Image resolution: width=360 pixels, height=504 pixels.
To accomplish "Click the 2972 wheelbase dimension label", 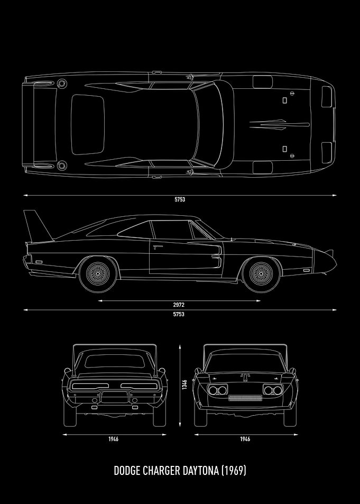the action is pyautogui.click(x=178, y=305).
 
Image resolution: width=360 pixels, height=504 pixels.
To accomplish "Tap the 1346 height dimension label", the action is pyautogui.click(x=184, y=384).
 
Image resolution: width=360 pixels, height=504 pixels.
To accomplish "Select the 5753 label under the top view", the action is pyautogui.click(x=180, y=199).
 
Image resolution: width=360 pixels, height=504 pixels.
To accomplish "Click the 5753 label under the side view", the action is pyautogui.click(x=179, y=314).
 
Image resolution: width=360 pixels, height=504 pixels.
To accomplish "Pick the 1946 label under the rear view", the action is pyautogui.click(x=113, y=439).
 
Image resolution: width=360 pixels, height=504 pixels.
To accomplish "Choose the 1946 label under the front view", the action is pyautogui.click(x=245, y=439).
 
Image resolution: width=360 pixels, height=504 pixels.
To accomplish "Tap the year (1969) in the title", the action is pyautogui.click(x=234, y=471).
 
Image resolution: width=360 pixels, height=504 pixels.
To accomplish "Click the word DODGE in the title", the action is pyautogui.click(x=127, y=471).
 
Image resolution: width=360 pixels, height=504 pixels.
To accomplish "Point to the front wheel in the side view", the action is pyautogui.click(x=261, y=273).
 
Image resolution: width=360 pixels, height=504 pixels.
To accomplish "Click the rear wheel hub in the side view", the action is pyautogui.click(x=98, y=273).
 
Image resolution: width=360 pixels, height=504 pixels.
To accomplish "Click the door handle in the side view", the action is pyautogui.click(x=158, y=247).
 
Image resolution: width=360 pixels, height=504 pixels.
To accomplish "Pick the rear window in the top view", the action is pyautogui.click(x=87, y=124).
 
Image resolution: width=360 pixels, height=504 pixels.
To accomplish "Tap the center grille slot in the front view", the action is pyautogui.click(x=245, y=398).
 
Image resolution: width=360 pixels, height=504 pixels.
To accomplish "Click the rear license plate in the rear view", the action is pyautogui.click(x=115, y=397).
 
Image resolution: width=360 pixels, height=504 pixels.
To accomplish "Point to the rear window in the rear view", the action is pyautogui.click(x=114, y=361).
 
